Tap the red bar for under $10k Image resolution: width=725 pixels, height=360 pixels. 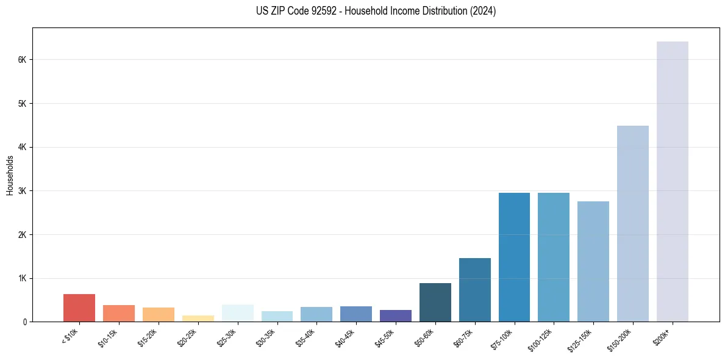point(79,308)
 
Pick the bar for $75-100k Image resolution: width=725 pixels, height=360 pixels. point(514,257)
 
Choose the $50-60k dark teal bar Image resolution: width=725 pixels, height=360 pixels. point(435,303)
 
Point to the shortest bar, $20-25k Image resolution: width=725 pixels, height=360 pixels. point(198,319)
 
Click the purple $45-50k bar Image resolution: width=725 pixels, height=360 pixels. point(396,316)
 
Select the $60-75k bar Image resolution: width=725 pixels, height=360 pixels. point(474,290)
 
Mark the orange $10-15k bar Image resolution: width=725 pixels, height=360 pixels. point(119,314)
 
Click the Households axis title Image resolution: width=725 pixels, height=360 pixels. point(10,175)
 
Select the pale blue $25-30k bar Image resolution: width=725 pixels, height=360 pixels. point(237,313)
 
